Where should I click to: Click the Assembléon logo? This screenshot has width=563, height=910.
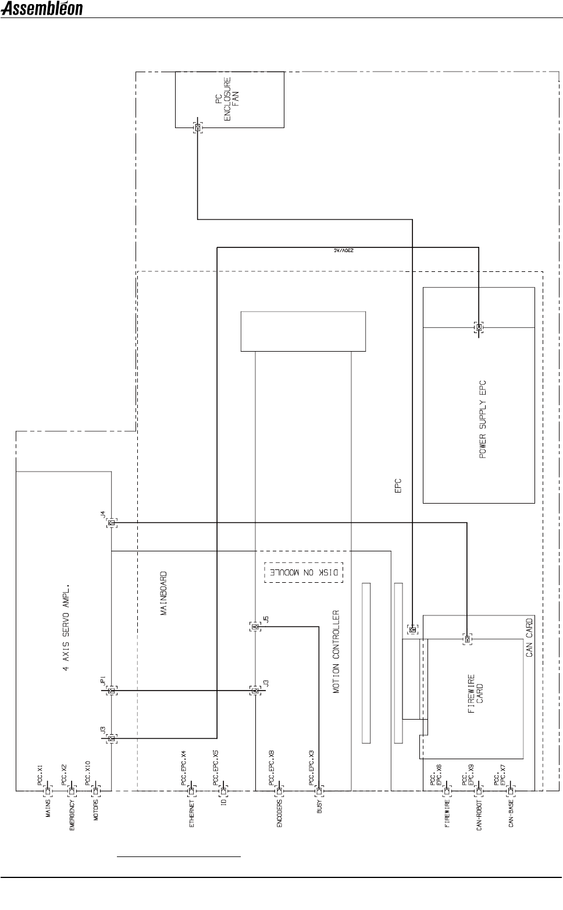[x=42, y=9]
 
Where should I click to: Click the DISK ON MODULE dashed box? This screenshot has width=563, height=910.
[x=304, y=572]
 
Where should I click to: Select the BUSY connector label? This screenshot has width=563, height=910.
[x=319, y=809]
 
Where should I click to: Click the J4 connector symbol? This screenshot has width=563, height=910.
[x=111, y=523]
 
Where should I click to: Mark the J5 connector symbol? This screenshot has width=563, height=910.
[x=255, y=626]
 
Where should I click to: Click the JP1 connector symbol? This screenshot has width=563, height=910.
[x=112, y=691]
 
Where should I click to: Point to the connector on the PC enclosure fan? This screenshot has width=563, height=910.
[x=198, y=128]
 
